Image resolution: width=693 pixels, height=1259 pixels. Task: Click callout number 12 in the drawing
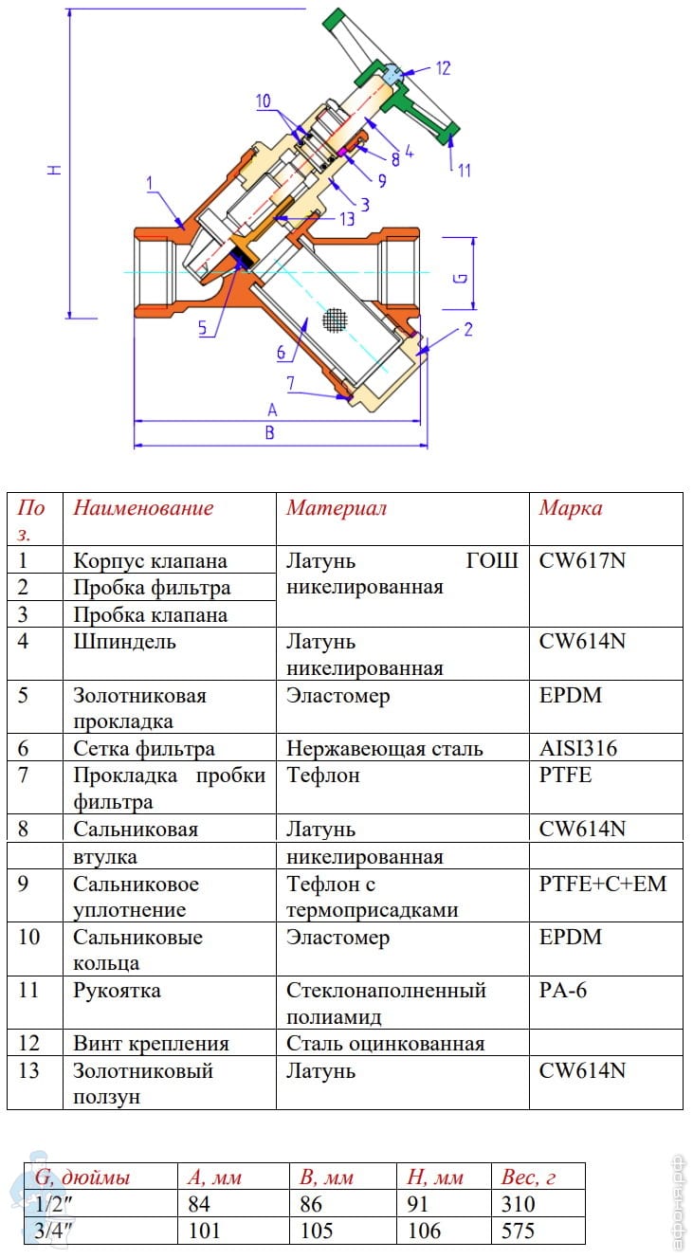pyautogui.click(x=443, y=68)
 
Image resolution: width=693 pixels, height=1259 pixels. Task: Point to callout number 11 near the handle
pyautogui.click(x=464, y=172)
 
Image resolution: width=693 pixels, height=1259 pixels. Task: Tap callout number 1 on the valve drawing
pyautogui.click(x=150, y=182)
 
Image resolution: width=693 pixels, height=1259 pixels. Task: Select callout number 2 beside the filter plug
pyautogui.click(x=467, y=330)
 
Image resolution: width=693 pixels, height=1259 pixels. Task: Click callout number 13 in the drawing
pyautogui.click(x=347, y=218)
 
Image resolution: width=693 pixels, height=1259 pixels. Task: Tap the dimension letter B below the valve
pyautogui.click(x=269, y=433)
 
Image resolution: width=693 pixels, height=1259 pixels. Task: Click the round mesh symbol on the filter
pyautogui.click(x=333, y=320)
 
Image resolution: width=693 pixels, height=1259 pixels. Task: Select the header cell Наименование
pyautogui.click(x=144, y=508)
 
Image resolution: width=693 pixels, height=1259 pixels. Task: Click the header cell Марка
pyautogui.click(x=571, y=508)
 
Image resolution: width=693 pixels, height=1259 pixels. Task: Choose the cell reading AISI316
pyautogui.click(x=578, y=749)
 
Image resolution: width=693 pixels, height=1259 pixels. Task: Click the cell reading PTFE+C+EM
pyautogui.click(x=603, y=884)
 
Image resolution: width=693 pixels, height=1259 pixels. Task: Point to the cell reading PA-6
pyautogui.click(x=564, y=991)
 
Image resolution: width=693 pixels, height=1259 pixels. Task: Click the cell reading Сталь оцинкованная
pyautogui.click(x=386, y=1044)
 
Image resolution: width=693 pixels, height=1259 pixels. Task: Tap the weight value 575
pyautogui.click(x=518, y=1232)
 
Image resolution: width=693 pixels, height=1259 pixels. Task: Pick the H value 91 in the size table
pyautogui.click(x=418, y=1205)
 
